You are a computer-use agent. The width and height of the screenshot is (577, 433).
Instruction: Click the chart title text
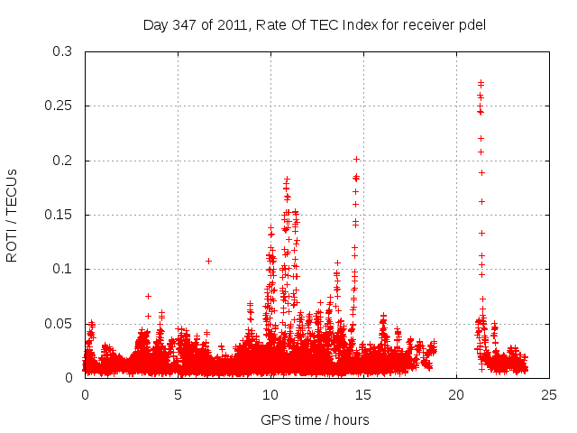click(315, 24)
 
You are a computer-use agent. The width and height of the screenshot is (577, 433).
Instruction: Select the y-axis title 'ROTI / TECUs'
click(12, 215)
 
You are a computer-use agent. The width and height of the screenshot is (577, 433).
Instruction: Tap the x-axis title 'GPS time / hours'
click(315, 419)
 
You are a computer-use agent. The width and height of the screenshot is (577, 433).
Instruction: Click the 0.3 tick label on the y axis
click(62, 52)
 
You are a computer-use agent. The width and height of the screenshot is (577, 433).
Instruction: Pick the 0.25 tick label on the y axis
click(59, 106)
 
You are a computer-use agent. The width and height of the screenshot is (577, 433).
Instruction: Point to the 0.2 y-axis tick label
click(62, 161)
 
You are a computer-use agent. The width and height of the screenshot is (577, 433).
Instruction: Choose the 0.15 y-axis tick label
click(59, 215)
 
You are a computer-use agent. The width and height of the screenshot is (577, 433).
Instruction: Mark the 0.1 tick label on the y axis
click(62, 269)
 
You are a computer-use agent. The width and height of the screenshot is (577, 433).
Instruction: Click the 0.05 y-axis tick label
click(59, 323)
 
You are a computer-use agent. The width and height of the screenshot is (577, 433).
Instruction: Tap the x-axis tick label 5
click(178, 394)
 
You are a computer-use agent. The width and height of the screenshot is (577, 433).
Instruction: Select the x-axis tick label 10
click(270, 394)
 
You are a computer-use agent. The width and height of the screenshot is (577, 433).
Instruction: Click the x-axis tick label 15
click(363, 394)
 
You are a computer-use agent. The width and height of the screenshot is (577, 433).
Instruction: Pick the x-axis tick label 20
click(456, 394)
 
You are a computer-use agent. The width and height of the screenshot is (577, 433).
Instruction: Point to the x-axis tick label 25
click(549, 394)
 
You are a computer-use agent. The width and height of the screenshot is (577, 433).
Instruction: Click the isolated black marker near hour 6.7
click(208, 261)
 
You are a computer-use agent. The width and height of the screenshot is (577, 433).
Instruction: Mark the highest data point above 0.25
click(481, 83)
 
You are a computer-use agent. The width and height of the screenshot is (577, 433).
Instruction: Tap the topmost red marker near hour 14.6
click(356, 159)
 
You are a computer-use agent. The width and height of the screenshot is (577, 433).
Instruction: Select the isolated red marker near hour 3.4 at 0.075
click(148, 296)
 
